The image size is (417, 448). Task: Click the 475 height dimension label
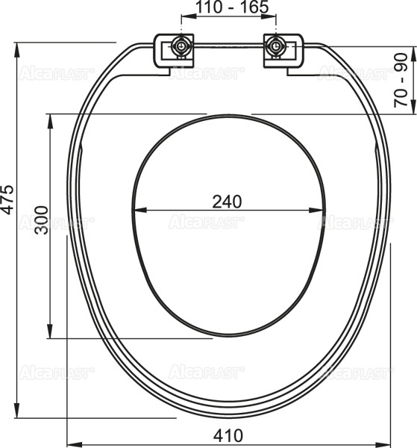pyautogui.click(x=7, y=199)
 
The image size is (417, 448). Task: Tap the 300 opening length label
pyautogui.click(x=42, y=220)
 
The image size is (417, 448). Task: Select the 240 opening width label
pyautogui.click(x=227, y=202)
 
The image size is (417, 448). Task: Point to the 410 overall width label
pyautogui.click(x=228, y=435)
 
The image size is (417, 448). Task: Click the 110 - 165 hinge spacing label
pyautogui.click(x=232, y=7)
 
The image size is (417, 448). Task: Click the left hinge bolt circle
pyautogui.click(x=181, y=46)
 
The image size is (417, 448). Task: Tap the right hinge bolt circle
pyautogui.click(x=276, y=46)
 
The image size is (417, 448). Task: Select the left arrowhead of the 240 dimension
pyautogui.click(x=139, y=211)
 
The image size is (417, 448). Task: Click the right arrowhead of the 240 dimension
pyautogui.click(x=316, y=211)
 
